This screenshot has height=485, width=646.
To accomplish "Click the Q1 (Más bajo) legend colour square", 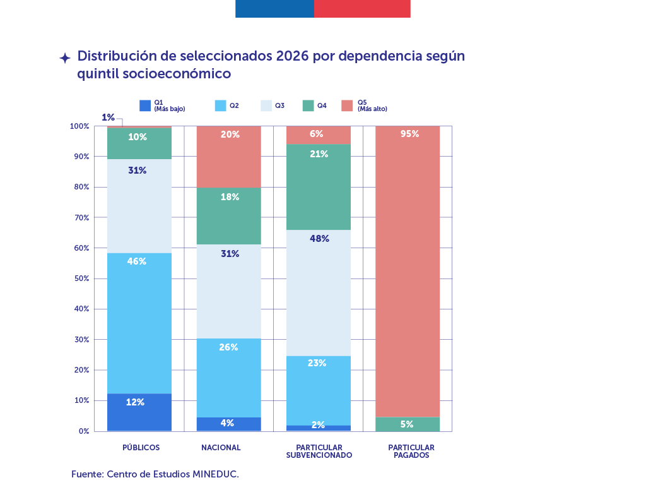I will click(145, 105).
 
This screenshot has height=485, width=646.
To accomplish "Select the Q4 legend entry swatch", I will click(308, 105).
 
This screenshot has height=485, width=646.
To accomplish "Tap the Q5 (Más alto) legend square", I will click(346, 105).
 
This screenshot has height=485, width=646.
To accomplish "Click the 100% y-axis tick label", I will click(79, 126).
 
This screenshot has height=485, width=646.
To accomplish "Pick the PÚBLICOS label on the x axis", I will click(141, 448).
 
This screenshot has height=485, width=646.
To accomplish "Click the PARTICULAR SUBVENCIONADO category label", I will click(319, 451).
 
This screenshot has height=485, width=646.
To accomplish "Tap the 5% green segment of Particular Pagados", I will click(407, 424).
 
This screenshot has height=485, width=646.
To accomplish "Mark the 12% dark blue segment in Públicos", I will click(139, 412).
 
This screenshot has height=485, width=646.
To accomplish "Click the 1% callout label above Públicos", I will click(108, 117).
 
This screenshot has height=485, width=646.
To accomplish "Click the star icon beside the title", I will click(64, 58).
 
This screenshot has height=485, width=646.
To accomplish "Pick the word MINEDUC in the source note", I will click(214, 474).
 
